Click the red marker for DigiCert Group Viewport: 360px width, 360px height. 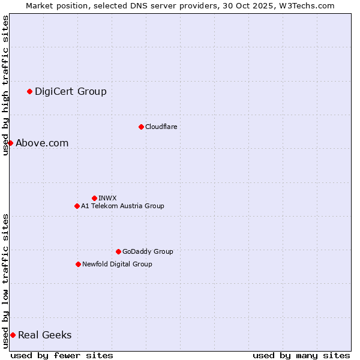[29, 91]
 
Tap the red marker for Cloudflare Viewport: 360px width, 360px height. [141, 127]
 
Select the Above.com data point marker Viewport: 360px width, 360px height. [10, 143]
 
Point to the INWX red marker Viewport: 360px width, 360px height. [94, 198]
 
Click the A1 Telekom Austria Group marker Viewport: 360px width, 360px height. [77, 206]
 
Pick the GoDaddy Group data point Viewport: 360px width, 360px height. [118, 251]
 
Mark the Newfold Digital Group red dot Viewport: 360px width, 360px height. [78, 264]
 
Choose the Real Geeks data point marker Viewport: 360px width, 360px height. [13, 335]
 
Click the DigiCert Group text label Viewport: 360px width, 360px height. [71, 91]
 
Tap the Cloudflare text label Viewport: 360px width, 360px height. [161, 127]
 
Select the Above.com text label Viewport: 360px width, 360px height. [42, 143]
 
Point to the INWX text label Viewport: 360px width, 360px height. [107, 198]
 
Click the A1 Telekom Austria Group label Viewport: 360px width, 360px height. [122, 206]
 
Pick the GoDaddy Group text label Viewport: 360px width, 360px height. [148, 251]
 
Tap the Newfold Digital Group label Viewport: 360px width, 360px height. [117, 264]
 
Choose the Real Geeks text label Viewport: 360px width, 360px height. [45, 335]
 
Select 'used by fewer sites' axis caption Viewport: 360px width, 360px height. [62, 355]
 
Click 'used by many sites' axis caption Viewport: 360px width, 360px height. [301, 355]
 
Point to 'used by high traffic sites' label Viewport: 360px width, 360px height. [5, 85]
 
